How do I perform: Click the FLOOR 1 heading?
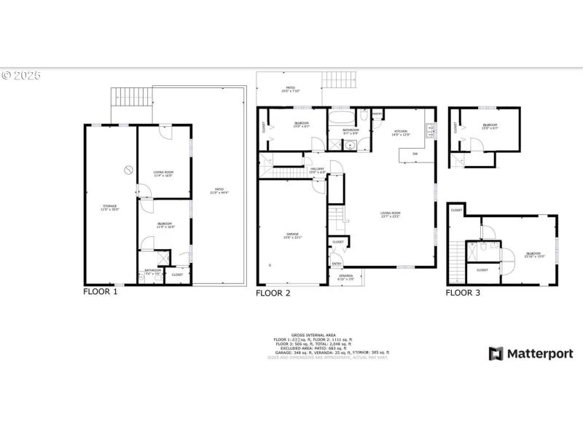[x=100, y=291]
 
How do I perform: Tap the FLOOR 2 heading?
[x=273, y=293]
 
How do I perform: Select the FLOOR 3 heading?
[x=463, y=293]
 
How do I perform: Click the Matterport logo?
[x=531, y=354]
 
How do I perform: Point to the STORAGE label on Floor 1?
[x=109, y=207]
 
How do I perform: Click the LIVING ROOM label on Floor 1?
[x=163, y=173]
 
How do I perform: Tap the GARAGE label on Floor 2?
[x=291, y=235]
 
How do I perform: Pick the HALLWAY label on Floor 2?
[x=317, y=170]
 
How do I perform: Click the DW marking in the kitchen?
[x=415, y=154]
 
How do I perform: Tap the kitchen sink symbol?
[x=431, y=131]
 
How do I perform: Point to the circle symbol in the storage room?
[x=128, y=170]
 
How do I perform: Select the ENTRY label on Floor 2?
[x=337, y=264]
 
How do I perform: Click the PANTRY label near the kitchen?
[x=377, y=114]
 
